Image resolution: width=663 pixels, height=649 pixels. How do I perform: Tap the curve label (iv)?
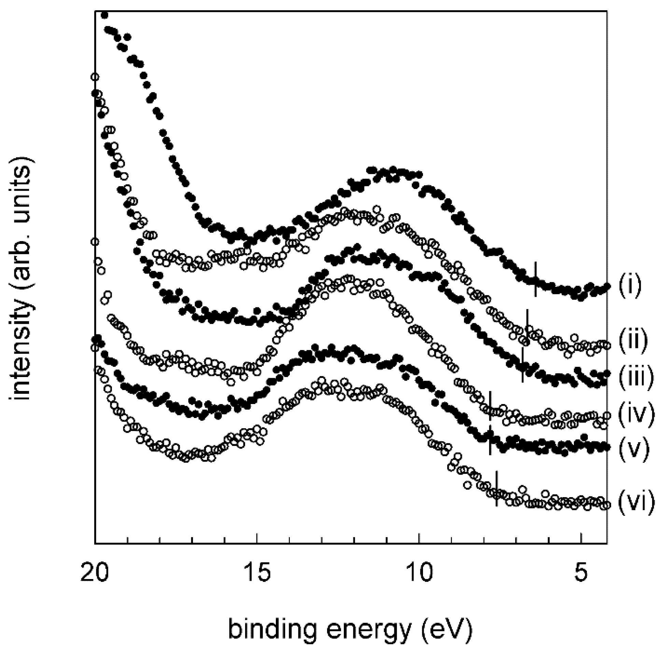636,415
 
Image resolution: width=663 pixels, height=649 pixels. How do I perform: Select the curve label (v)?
633,449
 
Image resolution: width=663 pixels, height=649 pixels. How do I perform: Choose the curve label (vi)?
636,502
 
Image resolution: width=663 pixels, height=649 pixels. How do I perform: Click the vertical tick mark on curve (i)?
535,279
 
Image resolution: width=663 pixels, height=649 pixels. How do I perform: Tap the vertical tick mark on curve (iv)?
490,406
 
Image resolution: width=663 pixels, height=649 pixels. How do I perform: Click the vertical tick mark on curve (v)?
490,440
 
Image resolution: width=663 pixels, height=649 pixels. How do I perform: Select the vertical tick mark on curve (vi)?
496,489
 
